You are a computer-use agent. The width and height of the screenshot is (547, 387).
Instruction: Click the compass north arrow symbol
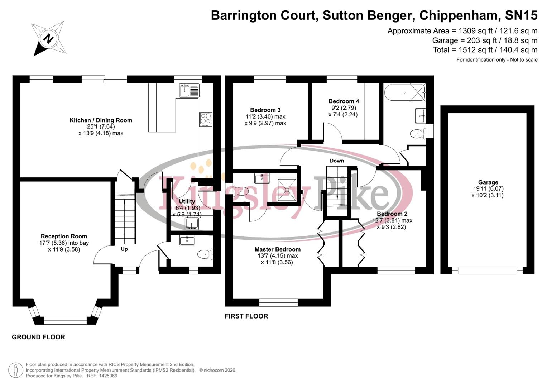48,38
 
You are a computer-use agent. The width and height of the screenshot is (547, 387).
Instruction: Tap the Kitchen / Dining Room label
101,120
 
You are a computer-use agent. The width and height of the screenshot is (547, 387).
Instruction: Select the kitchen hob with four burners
206,119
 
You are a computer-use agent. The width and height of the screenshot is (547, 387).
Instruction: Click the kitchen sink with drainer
189,90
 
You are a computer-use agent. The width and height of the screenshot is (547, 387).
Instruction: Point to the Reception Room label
64,236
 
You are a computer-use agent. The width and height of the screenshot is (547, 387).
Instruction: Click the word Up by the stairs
124,249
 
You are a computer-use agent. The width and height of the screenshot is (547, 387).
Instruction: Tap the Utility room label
187,201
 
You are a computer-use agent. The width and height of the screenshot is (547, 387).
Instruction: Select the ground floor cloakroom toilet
205,254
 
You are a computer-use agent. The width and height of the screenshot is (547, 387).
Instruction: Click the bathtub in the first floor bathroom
404,92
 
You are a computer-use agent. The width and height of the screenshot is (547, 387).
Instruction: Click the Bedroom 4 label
344,101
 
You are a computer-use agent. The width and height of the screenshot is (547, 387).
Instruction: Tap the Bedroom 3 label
265,110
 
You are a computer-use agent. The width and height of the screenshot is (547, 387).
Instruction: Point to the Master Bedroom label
277,249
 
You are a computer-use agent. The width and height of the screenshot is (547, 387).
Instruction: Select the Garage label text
488,182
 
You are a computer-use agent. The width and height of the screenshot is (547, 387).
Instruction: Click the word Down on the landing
336,161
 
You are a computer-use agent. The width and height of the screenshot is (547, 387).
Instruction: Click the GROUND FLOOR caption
38,337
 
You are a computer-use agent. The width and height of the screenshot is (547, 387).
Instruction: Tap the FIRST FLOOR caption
246,316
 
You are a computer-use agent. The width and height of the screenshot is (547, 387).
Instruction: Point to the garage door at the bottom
487,271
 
